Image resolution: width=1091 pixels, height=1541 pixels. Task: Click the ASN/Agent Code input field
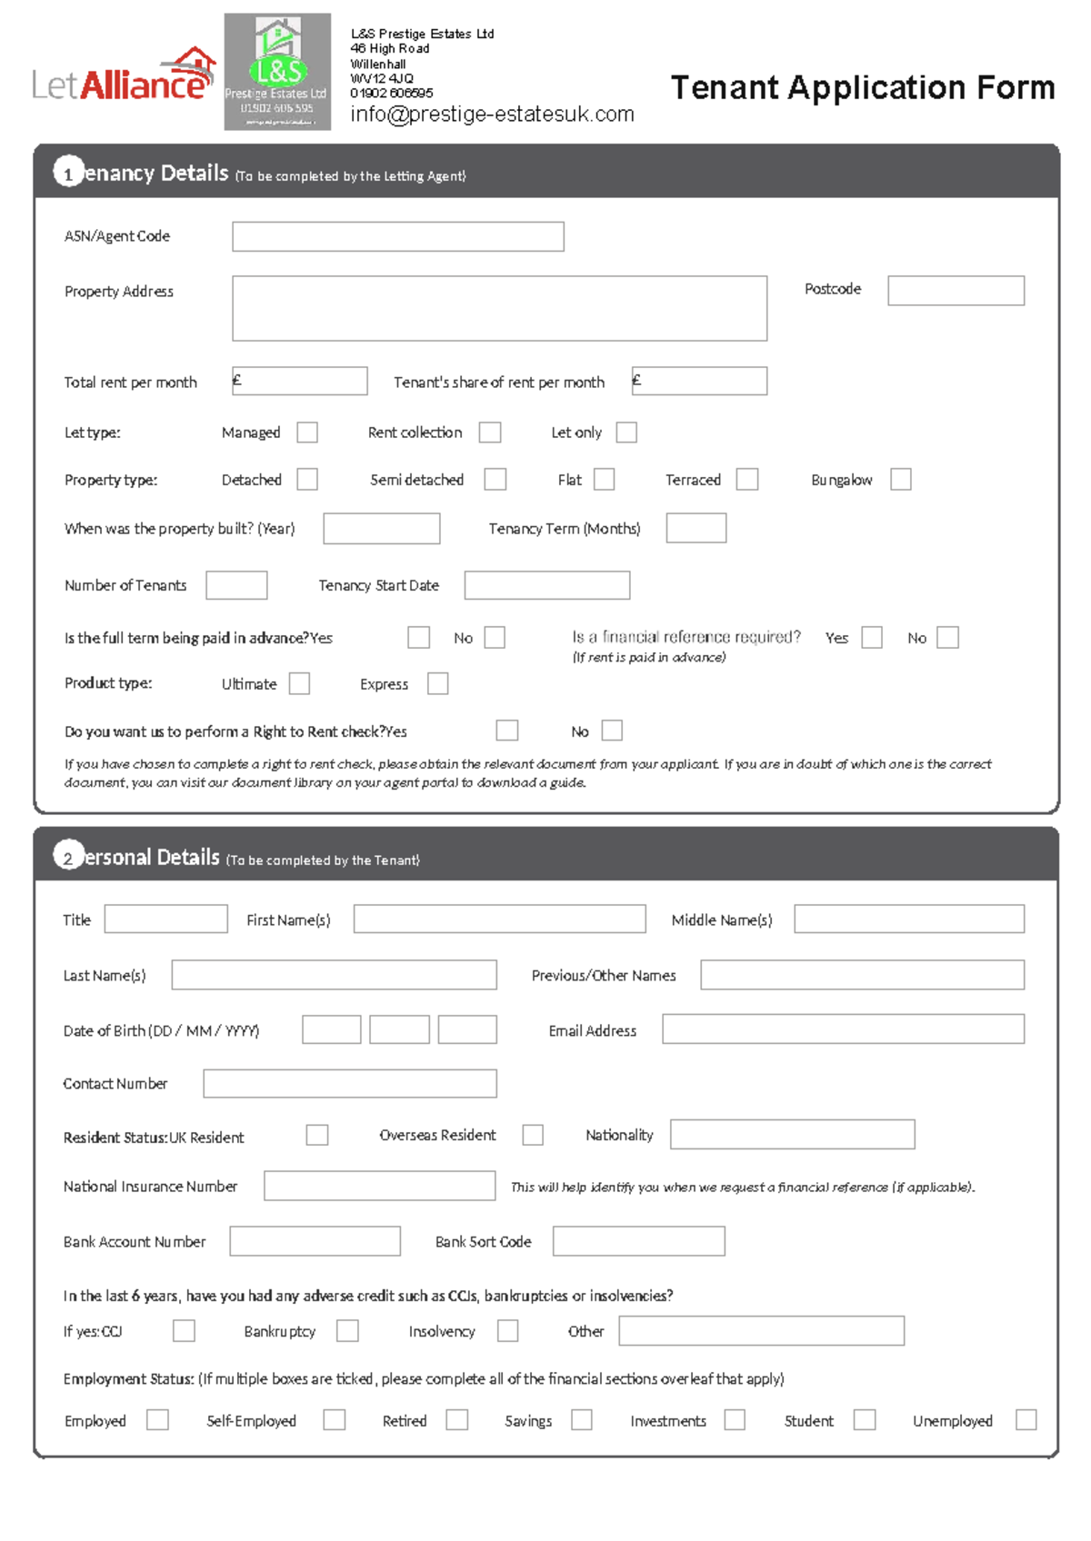click(x=397, y=236)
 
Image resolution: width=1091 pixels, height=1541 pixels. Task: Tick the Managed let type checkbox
click(x=307, y=432)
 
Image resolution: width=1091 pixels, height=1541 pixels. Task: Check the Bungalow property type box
click(x=900, y=480)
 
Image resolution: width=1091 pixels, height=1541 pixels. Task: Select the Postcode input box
click(x=956, y=291)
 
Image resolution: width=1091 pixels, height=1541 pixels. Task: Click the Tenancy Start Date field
click(x=546, y=585)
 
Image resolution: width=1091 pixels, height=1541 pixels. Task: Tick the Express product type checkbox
click(x=437, y=683)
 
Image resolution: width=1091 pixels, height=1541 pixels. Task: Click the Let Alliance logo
click(x=124, y=76)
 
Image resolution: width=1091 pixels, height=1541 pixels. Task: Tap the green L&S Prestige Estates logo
click(x=277, y=72)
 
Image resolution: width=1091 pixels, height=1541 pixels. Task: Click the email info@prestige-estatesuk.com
click(x=492, y=114)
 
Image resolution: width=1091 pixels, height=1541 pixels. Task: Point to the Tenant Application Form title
click(x=862, y=88)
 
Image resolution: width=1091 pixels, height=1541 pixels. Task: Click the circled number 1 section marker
click(x=68, y=172)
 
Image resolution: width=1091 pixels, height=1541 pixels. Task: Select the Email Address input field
click(x=843, y=1029)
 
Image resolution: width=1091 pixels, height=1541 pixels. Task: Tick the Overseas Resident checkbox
click(x=533, y=1135)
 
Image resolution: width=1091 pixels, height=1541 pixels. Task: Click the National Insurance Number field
click(x=379, y=1186)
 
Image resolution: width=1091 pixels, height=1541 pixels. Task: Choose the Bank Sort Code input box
click(x=638, y=1241)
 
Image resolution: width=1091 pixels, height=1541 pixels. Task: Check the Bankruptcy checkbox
click(x=347, y=1331)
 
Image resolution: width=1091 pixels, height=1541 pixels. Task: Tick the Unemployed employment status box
click(x=1026, y=1420)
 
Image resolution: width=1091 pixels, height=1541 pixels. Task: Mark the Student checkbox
click(x=865, y=1420)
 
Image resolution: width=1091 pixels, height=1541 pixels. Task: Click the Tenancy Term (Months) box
click(x=696, y=529)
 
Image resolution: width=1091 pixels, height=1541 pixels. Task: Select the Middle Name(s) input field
click(x=908, y=920)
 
